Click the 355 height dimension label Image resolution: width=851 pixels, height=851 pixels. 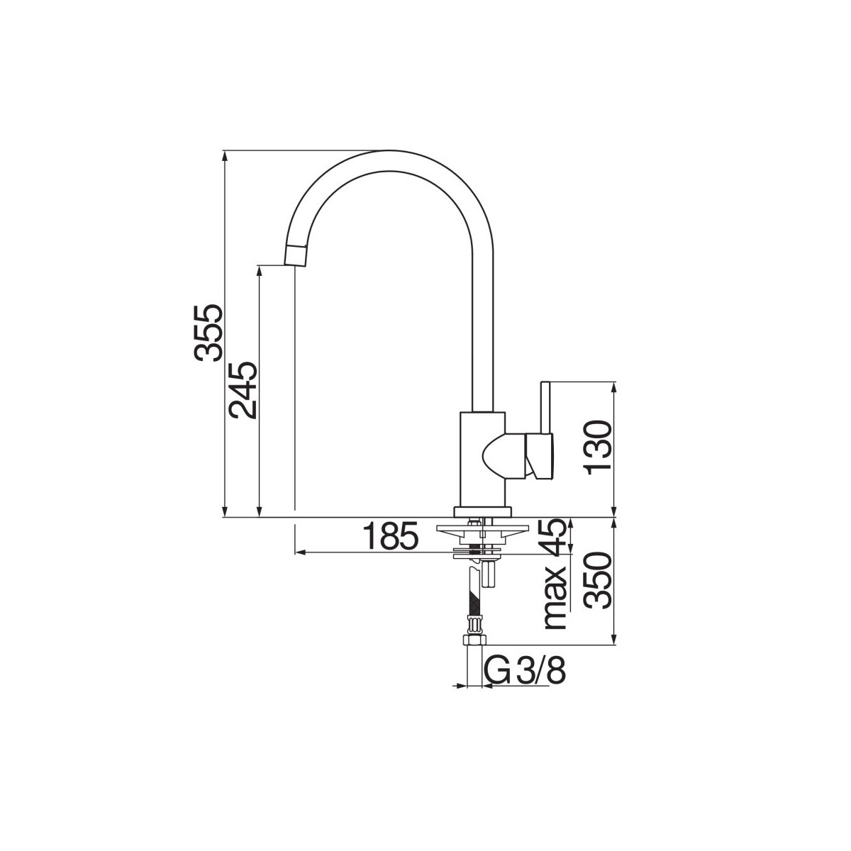pos(208,333)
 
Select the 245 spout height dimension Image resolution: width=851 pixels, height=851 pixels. pos(243,390)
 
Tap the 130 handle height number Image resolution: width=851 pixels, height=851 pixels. pos(599,448)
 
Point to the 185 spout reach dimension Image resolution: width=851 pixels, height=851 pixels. pos(390,536)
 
